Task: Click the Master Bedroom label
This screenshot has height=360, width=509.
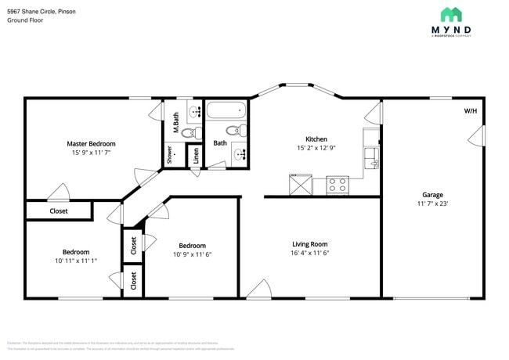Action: pos(91,144)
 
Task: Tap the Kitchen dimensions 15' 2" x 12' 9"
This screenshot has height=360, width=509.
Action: pos(316,148)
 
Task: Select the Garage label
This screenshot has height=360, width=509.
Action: pos(432,195)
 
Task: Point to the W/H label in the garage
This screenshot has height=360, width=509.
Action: pos(470,111)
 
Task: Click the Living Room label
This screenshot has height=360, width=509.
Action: pos(310,243)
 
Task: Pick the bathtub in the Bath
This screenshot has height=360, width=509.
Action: pos(227,110)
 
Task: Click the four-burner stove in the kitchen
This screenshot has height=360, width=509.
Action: pos(338,185)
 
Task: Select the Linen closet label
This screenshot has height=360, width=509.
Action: pos(197,157)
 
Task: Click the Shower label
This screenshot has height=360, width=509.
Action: pos(169,155)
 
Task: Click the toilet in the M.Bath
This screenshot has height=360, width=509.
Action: pos(189,133)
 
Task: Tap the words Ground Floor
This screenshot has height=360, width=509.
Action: pos(25,20)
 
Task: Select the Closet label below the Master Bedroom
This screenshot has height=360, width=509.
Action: pos(59,211)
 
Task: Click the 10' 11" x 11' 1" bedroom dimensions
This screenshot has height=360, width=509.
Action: pos(76,261)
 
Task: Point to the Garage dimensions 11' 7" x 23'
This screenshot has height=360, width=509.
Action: pos(432,203)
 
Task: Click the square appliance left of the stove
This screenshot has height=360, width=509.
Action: pos(300,185)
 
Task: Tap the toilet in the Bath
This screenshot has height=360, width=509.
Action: pos(233,130)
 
